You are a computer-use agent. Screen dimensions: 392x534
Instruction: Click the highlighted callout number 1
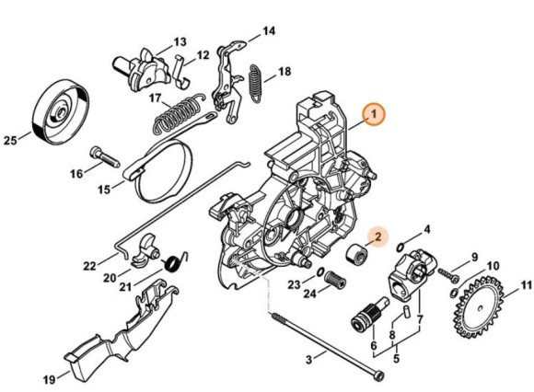373,114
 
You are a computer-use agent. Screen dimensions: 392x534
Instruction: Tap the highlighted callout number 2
377,237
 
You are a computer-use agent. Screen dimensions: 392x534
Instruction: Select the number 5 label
397,358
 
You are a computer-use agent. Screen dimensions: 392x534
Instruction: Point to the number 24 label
309,294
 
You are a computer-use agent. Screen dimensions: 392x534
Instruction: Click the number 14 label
268,30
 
